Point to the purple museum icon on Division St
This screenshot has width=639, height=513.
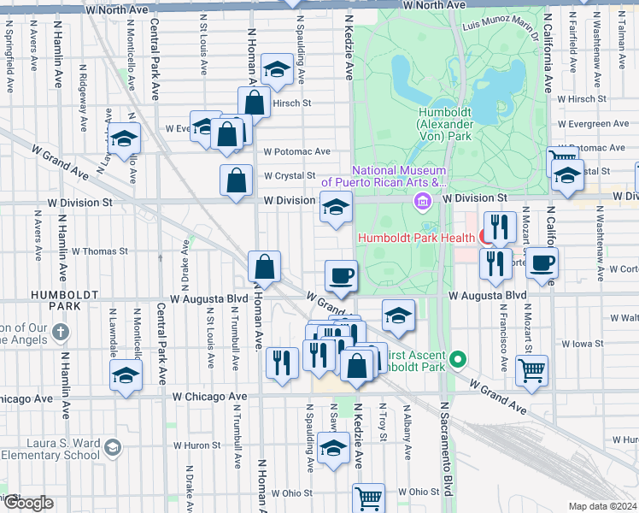pyautogui.click(x=422, y=202)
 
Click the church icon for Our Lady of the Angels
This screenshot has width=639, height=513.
pyautogui.click(x=59, y=331)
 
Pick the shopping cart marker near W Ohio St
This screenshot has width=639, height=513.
pyautogui.click(x=368, y=497)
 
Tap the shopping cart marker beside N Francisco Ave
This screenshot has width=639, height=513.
pyautogui.click(x=531, y=370)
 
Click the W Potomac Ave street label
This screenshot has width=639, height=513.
pyautogui.click(x=296, y=151)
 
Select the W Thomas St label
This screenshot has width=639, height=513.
pyautogui.click(x=99, y=251)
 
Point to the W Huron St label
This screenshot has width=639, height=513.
pyautogui.click(x=197, y=445)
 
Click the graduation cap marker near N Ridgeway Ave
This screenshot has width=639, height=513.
pyautogui.click(x=125, y=139)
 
